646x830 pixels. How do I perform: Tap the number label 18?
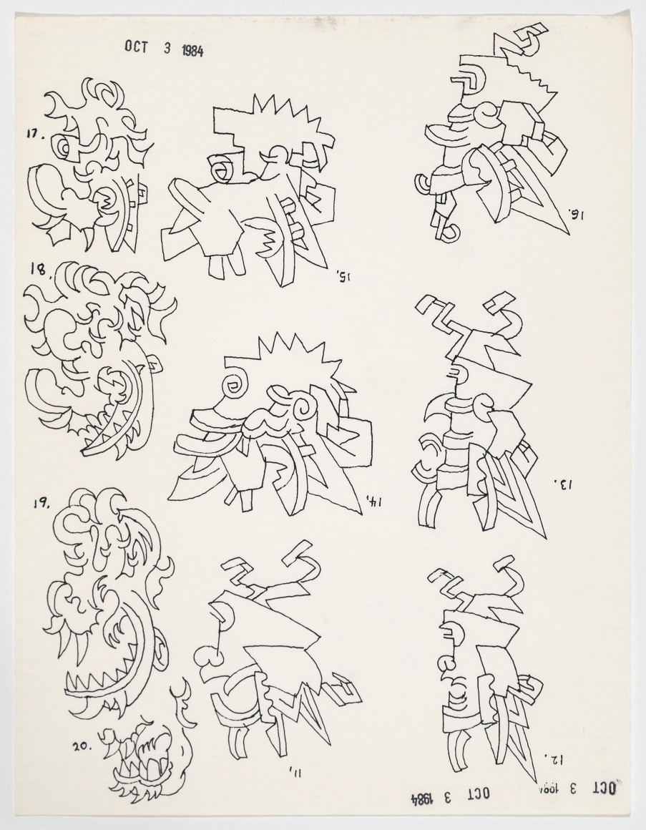38,269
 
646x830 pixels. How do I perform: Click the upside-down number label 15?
341,275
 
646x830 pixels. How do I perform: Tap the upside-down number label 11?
293,771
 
